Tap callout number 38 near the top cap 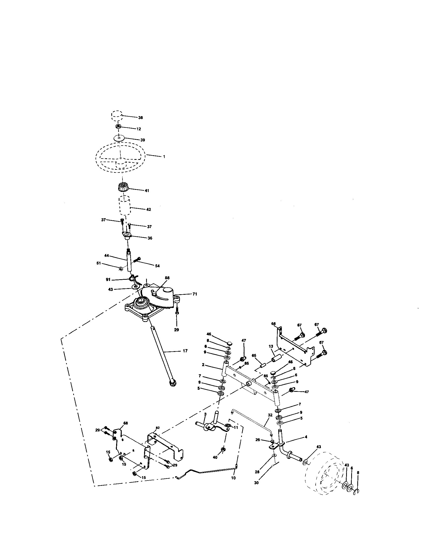[x=140, y=118]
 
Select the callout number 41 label [x=147, y=191]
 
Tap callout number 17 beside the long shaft [x=185, y=351]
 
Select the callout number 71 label [x=195, y=294]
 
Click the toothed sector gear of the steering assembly [x=161, y=307]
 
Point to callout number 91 [x=108, y=279]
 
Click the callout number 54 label [x=157, y=266]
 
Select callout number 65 [x=254, y=355]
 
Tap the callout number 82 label [x=158, y=428]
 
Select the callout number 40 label [x=215, y=457]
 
